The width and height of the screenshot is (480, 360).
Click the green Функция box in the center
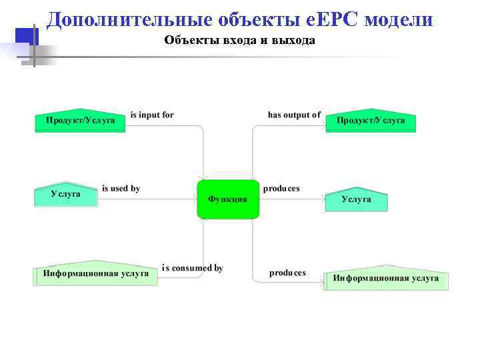coord(227,199)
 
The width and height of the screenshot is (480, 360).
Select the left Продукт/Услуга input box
coord(80,121)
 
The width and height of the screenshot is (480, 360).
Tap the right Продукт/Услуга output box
coord(371,121)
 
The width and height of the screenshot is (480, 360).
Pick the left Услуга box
coord(65,194)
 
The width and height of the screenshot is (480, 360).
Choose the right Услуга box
coord(356,199)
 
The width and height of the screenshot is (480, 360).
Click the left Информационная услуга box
coord(95,273)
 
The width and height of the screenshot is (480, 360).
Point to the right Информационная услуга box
coord(386,278)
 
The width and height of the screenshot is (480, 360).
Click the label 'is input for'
coord(152,115)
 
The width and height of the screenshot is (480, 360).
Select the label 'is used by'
coord(121,189)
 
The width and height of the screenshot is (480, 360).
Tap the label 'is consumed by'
coord(192,268)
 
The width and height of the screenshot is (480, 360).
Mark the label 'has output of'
coord(294,115)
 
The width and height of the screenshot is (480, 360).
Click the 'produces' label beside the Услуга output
coord(281,189)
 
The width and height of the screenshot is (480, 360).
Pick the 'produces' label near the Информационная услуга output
coord(287,273)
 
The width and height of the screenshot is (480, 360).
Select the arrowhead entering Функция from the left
coord(193,199)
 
